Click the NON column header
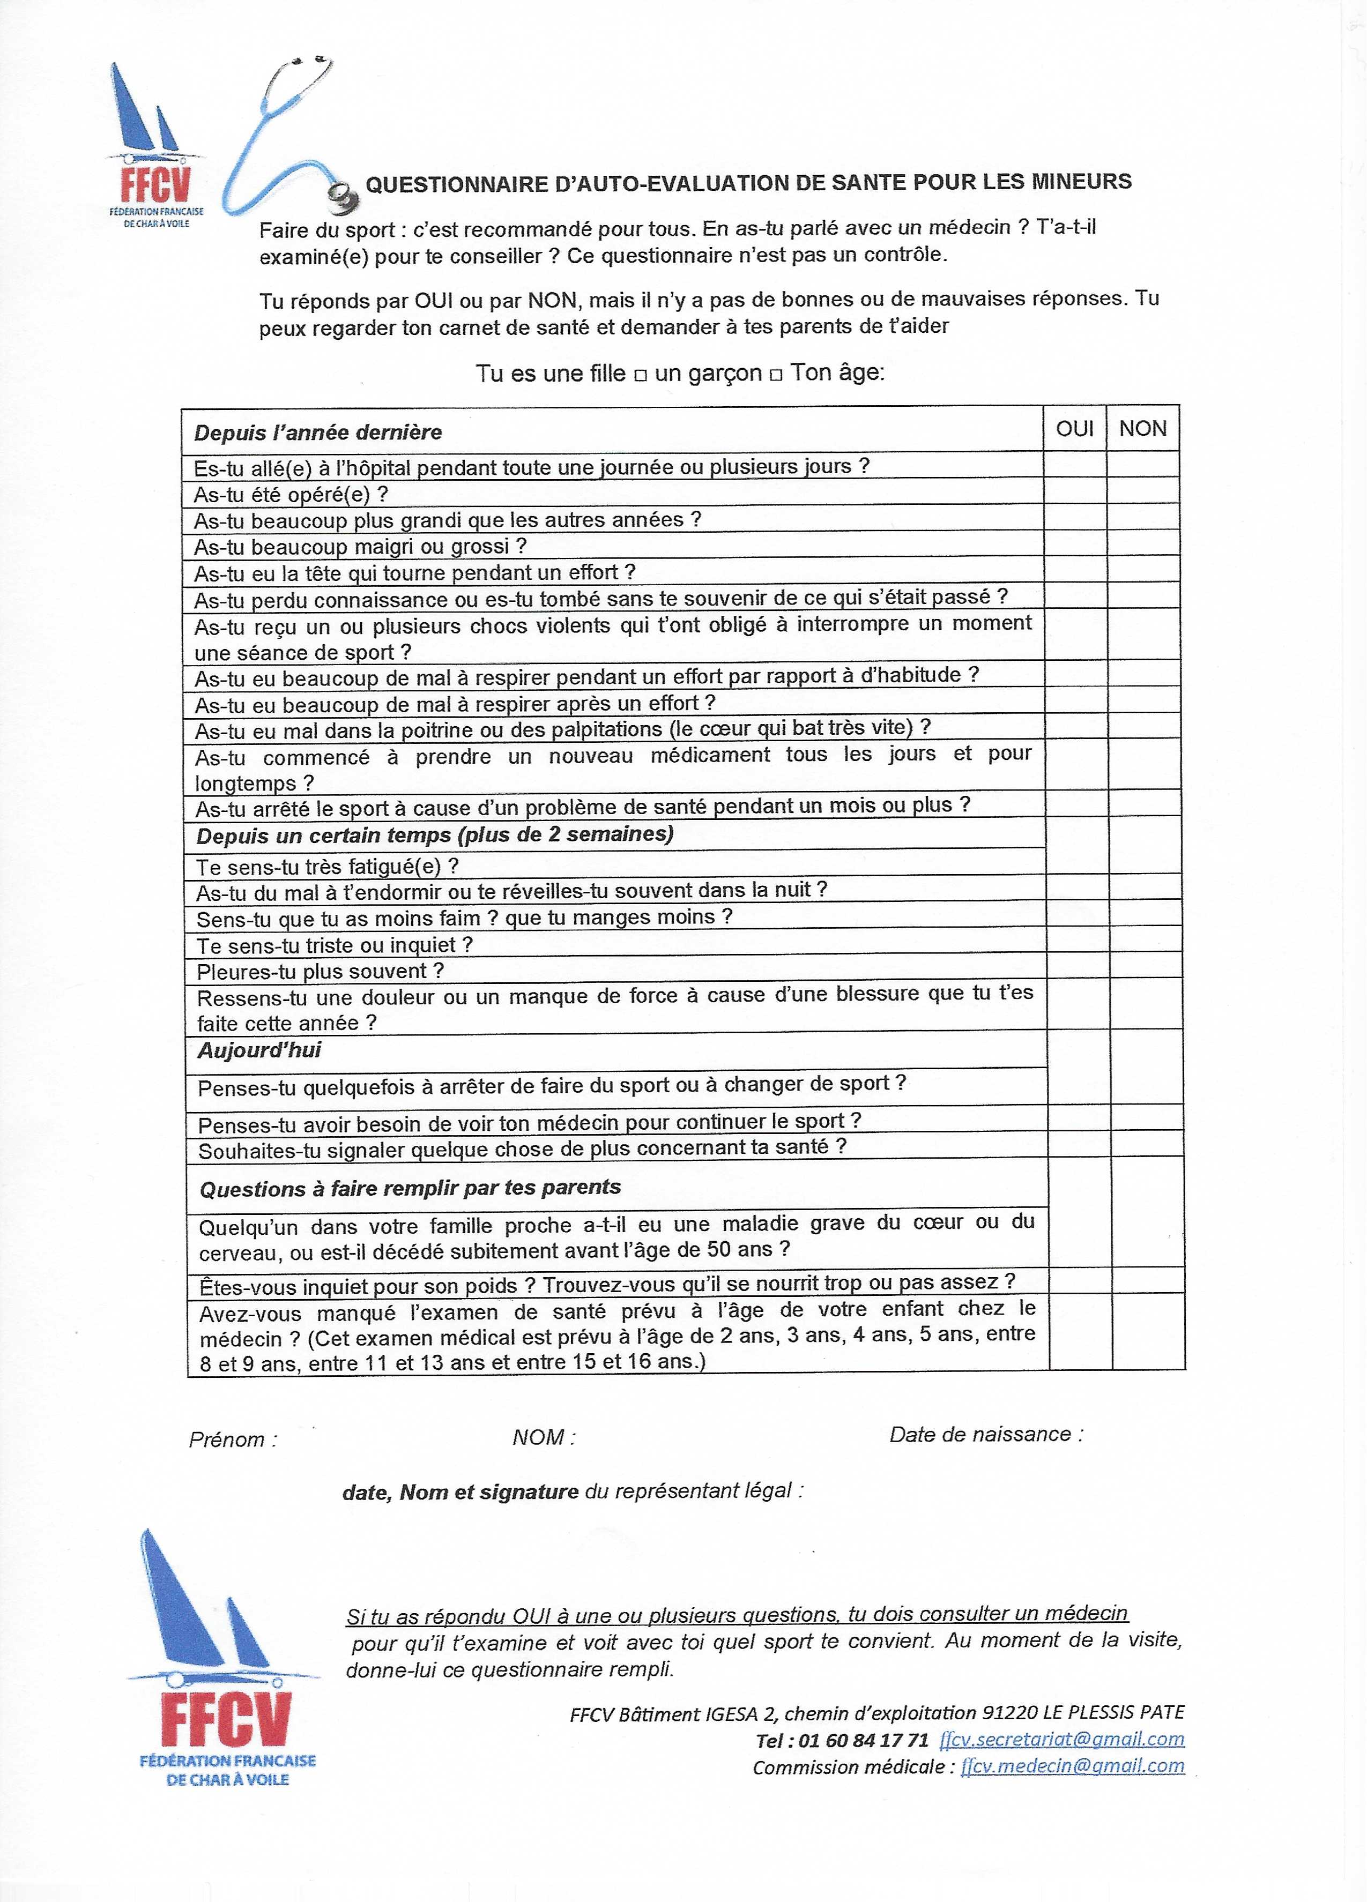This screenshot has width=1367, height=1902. click(x=1142, y=429)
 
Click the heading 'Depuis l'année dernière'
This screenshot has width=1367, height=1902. click(x=318, y=432)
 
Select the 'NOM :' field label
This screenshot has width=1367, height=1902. click(x=544, y=1437)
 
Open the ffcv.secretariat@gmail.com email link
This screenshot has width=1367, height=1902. click(x=1062, y=1739)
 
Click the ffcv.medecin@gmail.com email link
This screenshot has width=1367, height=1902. click(x=1073, y=1766)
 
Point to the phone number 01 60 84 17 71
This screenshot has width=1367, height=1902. click(x=864, y=1740)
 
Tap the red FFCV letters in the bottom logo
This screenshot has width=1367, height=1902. click(x=226, y=1718)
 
